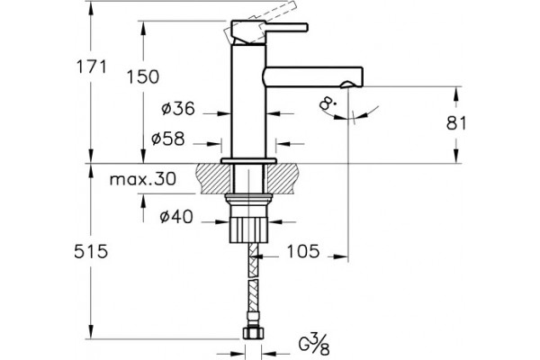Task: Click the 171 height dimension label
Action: (x=91, y=67)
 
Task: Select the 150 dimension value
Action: (x=143, y=76)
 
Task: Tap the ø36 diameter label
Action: (x=178, y=109)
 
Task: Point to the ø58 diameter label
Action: (x=168, y=139)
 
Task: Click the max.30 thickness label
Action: (x=143, y=179)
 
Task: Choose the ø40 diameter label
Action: (x=176, y=217)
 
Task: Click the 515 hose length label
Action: (x=91, y=251)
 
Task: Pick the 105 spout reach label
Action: (x=303, y=251)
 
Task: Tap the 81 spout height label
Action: (x=456, y=123)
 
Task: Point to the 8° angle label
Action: (x=326, y=103)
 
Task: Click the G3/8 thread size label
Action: (x=314, y=344)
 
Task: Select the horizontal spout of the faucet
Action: (x=313, y=76)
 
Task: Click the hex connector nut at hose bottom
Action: (x=254, y=334)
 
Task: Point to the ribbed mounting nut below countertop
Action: (x=249, y=229)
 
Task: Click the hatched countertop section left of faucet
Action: (x=213, y=178)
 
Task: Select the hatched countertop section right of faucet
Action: (x=283, y=178)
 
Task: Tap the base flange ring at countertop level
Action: (x=248, y=161)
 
